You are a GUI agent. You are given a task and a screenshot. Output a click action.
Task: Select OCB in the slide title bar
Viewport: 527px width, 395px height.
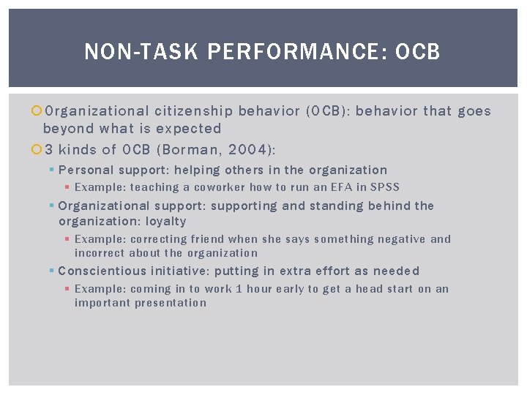(418, 52)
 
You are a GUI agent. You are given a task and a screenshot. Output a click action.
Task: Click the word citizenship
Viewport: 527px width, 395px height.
(194, 111)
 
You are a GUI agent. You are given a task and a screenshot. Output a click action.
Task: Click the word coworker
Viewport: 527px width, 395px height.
(220, 187)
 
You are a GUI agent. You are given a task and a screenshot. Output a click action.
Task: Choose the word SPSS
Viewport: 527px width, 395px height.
(384, 187)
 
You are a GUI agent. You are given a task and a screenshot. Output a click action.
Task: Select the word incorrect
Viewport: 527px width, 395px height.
(99, 253)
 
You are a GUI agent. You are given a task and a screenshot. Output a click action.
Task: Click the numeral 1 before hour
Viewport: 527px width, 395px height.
(239, 289)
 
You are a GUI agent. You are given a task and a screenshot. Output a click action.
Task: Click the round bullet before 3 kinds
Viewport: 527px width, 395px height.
(37, 150)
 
